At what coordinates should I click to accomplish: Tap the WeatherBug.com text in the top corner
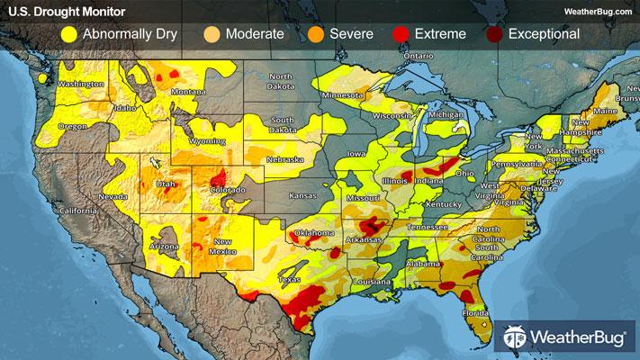coord(594,11)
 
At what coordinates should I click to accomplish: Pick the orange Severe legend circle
coord(314,34)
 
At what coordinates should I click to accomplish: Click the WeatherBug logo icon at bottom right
coord(515,337)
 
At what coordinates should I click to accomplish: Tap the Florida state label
coord(475,312)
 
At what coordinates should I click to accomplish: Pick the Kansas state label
coord(302,194)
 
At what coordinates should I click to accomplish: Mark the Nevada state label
coord(112,195)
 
